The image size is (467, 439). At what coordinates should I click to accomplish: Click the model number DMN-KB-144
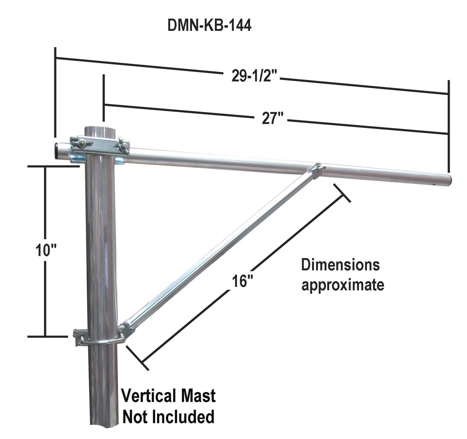pos(209,26)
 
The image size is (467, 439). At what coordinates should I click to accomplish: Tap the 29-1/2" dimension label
pos(254,76)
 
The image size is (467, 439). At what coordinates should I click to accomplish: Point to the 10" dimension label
pos(46,250)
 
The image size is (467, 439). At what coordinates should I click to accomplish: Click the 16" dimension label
pos(242,281)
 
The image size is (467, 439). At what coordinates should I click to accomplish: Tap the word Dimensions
pos(340,265)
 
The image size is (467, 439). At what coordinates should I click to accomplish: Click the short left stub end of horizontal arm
pos(58,150)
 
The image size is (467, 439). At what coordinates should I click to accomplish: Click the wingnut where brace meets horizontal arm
pos(320,169)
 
